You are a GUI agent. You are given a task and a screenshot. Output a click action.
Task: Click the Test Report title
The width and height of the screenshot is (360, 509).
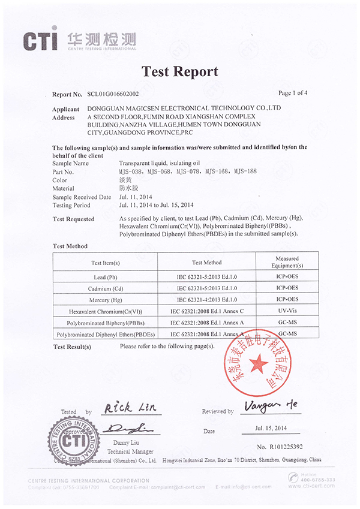[x=179, y=72]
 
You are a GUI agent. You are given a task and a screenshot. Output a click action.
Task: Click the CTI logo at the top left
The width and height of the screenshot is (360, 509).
[x=41, y=39]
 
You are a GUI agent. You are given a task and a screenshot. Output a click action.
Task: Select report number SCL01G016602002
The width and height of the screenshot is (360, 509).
[x=113, y=94]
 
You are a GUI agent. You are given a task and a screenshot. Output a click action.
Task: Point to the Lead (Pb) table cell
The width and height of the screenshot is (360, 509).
[x=105, y=278]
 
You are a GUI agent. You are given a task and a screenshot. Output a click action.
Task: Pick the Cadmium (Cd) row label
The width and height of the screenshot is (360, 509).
[x=105, y=288]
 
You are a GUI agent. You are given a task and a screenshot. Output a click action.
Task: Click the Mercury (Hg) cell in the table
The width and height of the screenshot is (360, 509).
[x=105, y=299]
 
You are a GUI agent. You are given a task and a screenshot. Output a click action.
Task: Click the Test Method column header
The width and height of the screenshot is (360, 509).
[x=206, y=263]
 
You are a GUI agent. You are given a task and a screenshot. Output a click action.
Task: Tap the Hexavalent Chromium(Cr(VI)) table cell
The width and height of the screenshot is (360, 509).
[x=105, y=311]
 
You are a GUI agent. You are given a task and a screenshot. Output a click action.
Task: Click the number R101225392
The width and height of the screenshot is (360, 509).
[x=281, y=447]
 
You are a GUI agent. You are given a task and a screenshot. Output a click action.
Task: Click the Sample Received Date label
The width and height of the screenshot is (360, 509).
[x=82, y=197]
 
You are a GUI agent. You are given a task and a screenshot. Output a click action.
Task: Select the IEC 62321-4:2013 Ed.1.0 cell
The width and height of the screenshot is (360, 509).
[x=206, y=299]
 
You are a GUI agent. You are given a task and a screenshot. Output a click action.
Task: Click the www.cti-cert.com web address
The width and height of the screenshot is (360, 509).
[x=311, y=486]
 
